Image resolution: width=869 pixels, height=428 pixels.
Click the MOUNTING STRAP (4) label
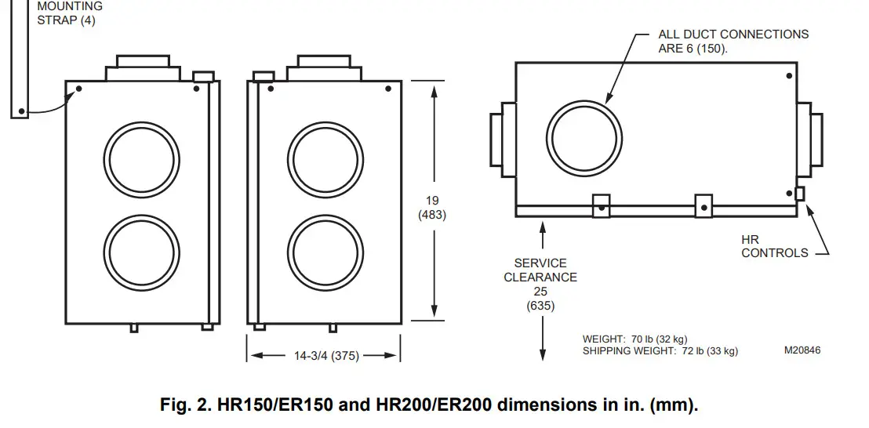pyautogui.click(x=69, y=13)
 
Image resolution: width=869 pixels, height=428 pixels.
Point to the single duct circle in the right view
pyautogui.click(x=585, y=140)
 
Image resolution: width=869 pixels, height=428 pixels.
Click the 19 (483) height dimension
pyautogui.click(x=433, y=208)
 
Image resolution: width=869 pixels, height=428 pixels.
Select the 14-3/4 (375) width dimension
pyautogui.click(x=326, y=356)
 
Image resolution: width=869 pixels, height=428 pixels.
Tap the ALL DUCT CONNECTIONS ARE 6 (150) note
pyautogui.click(x=733, y=41)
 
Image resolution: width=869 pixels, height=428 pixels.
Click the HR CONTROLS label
pyautogui.click(x=774, y=246)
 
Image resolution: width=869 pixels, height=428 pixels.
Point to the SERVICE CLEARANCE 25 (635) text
pyautogui.click(x=540, y=285)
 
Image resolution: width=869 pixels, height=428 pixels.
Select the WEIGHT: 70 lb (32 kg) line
pyautogui.click(x=636, y=339)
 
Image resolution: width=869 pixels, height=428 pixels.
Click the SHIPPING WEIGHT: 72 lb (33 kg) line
pyautogui.click(x=660, y=351)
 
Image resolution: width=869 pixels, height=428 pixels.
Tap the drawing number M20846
pyautogui.click(x=802, y=350)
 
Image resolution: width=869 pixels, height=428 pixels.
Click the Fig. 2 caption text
pyautogui.click(x=429, y=405)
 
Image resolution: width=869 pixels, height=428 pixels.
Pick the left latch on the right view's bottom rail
pyautogui.click(x=600, y=205)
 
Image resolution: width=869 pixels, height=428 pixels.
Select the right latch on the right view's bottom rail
pyautogui.click(x=704, y=205)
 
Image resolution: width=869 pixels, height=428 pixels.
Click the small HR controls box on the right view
pyautogui.click(x=799, y=193)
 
